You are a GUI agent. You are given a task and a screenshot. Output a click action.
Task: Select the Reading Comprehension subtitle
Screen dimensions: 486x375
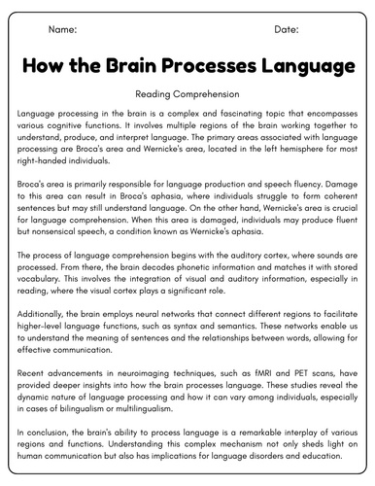187,96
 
